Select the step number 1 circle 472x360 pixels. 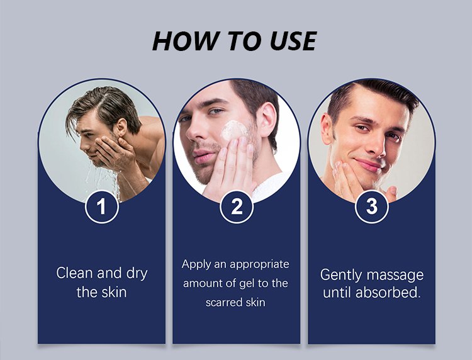102,206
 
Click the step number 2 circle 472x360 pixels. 237,206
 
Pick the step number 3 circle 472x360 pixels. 372,206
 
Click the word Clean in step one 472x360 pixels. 74,273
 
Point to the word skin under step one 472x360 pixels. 113,292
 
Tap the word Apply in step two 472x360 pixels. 196,264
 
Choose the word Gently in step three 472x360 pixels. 341,275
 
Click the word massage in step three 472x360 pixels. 395,275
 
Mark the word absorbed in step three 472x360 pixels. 388,292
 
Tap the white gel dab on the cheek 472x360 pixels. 233,130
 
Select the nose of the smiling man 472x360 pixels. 377,145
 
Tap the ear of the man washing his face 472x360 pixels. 121,128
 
